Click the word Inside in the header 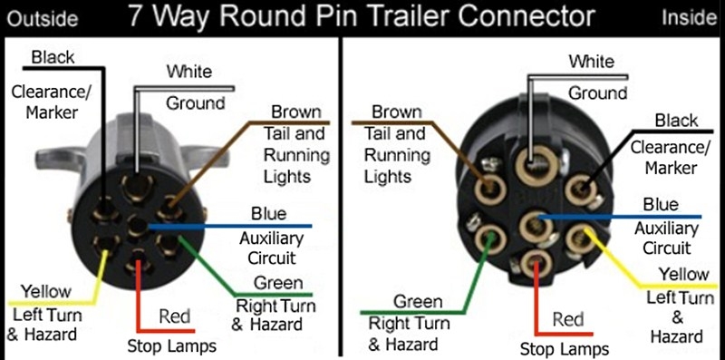point(690,17)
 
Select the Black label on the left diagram point(53,58)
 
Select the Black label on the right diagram point(676,121)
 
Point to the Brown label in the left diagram point(296,112)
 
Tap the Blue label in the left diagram point(269,215)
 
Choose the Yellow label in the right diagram point(683,275)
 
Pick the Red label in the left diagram point(174,316)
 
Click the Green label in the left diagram point(276,283)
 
